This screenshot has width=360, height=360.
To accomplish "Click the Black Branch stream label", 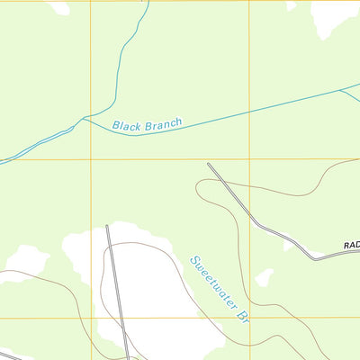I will tap(147, 123).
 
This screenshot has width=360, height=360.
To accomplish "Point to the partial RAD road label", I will tap(351, 245).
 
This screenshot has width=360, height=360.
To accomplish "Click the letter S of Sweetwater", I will tap(193, 261).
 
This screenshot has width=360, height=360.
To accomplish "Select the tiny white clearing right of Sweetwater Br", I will tap(264, 277).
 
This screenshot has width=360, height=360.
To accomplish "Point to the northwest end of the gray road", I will tap(209, 164).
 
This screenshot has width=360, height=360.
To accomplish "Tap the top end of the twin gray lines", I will tap(107, 225).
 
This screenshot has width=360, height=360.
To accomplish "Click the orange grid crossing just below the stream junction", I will tap(90, 159).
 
